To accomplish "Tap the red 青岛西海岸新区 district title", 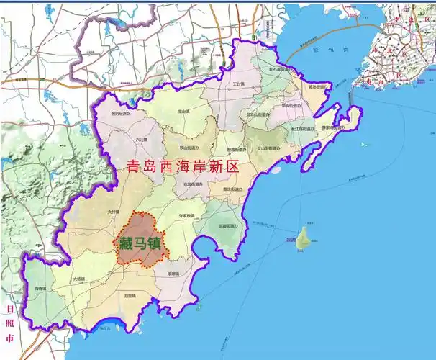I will (182, 167).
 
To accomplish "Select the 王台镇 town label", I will (240, 84).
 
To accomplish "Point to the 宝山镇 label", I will (183, 112).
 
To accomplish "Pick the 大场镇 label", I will (78, 279).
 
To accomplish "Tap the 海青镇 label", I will (40, 289).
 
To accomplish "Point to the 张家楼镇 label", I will (187, 215).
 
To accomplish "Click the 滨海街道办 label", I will (228, 226).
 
